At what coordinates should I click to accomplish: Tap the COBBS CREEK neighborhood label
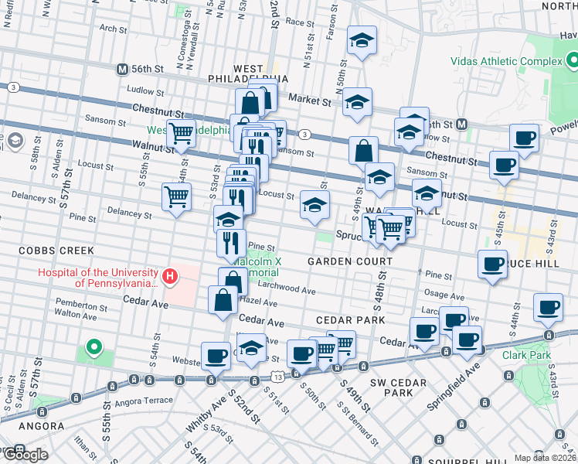[56, 251]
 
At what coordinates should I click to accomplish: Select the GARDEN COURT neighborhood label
[339, 261]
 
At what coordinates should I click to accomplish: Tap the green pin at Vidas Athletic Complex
[571, 60]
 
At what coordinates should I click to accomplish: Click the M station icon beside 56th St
[121, 69]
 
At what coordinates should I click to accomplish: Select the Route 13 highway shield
[276, 376]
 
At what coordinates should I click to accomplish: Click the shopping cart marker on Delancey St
[176, 197]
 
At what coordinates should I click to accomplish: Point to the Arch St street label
[113, 29]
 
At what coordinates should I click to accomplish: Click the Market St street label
[309, 100]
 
